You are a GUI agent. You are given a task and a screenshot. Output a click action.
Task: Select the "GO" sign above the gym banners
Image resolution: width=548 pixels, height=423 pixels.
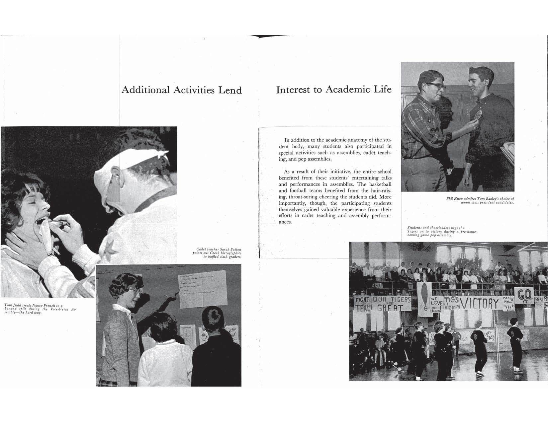point(524,294)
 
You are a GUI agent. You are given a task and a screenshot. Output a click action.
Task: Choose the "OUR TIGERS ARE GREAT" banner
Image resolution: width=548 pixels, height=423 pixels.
point(392,304)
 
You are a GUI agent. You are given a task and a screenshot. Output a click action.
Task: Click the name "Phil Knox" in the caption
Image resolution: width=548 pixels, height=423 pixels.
point(454,199)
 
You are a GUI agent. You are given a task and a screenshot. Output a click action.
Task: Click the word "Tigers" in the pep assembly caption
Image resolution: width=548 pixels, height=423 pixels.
point(413,232)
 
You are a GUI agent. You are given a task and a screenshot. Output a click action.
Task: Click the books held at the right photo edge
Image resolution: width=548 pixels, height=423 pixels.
point(506,153)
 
